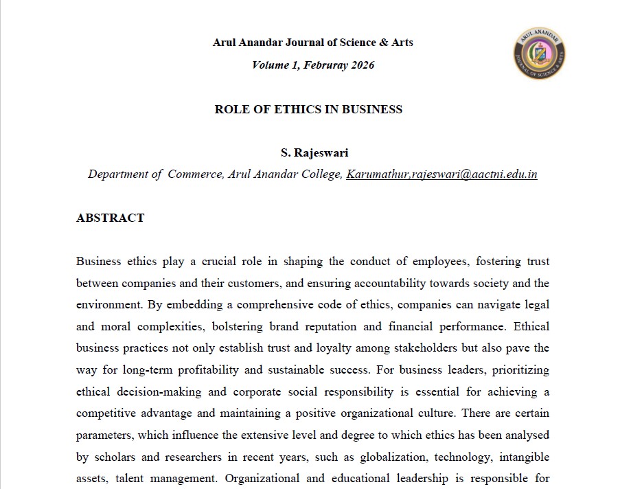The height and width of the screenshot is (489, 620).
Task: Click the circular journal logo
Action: click(x=539, y=54)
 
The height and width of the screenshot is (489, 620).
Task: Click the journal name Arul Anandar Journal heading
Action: click(x=312, y=43)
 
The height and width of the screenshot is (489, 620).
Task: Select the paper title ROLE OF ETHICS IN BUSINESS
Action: click(x=308, y=109)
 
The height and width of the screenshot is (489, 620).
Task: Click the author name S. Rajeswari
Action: click(x=310, y=152)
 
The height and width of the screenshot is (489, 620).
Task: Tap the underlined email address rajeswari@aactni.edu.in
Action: click(x=474, y=174)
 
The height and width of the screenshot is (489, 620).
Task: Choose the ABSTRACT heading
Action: click(x=111, y=218)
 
